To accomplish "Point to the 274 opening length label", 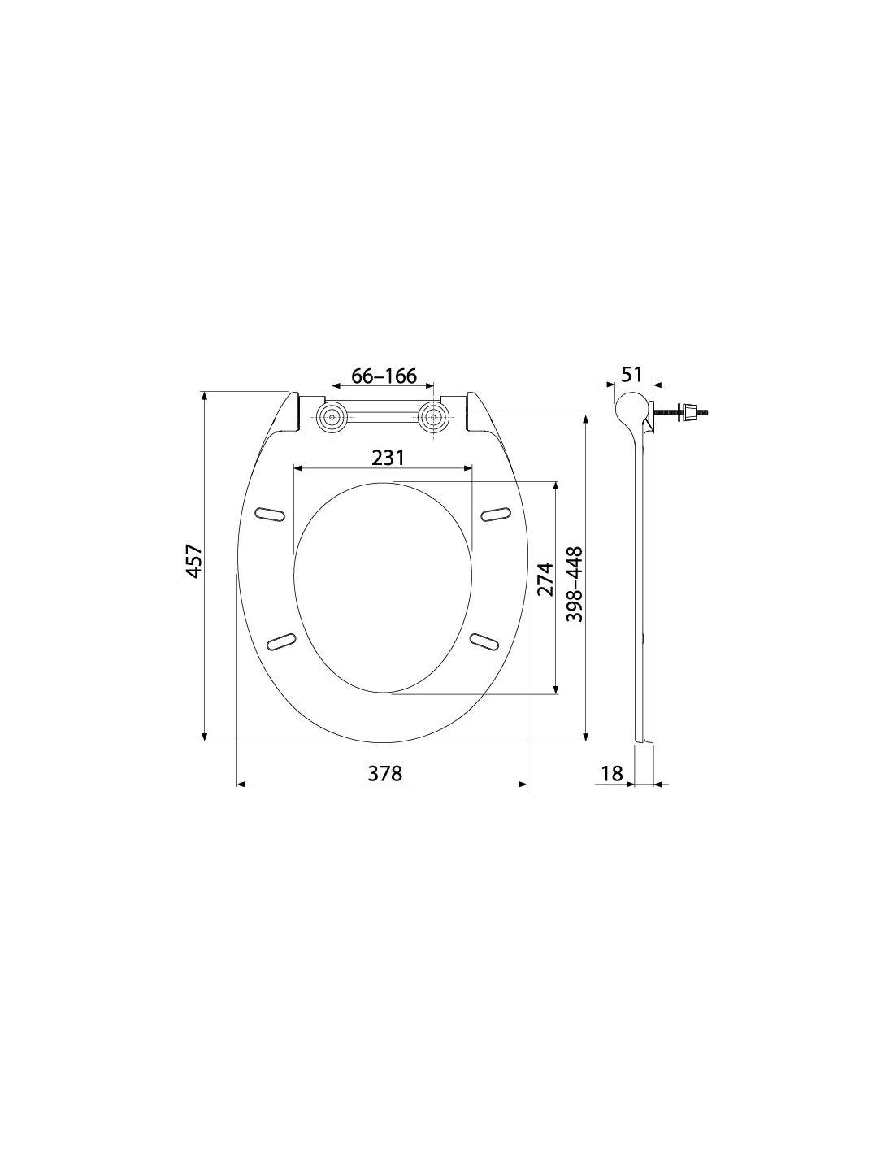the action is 544,580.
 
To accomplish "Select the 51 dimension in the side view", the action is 631,374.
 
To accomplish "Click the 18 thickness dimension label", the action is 613,773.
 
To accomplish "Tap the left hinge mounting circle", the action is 332,416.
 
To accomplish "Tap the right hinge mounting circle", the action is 433,416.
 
